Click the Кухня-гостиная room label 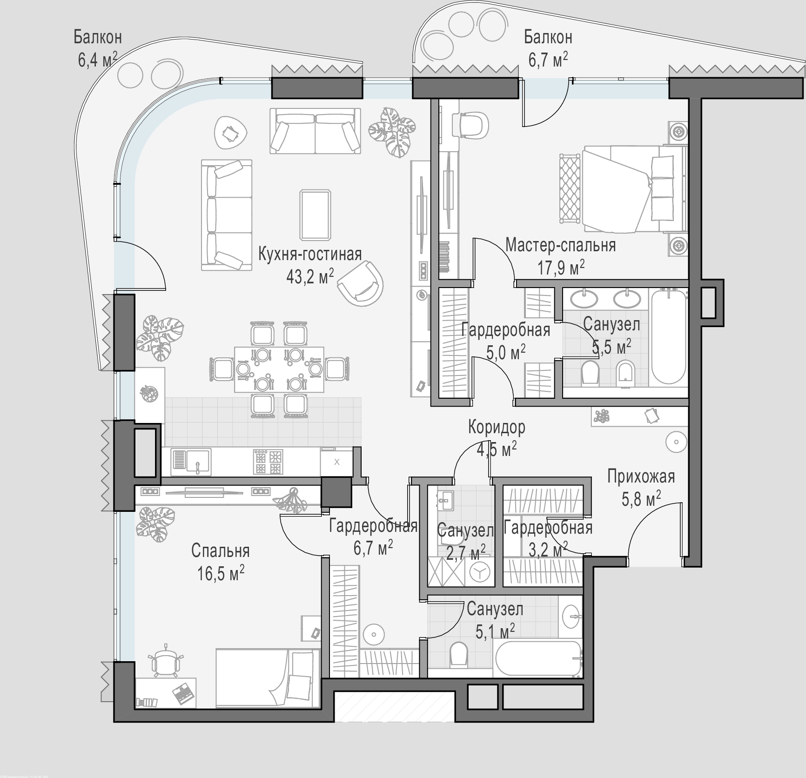[310, 254]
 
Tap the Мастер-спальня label [561, 245]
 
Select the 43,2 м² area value [310, 277]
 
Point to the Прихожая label [641, 476]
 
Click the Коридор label [497, 427]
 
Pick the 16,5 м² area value [221, 573]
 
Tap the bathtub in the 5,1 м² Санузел [539, 659]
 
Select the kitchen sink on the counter [191, 462]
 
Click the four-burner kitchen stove [268, 462]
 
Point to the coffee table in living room [316, 215]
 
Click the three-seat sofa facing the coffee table [227, 215]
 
